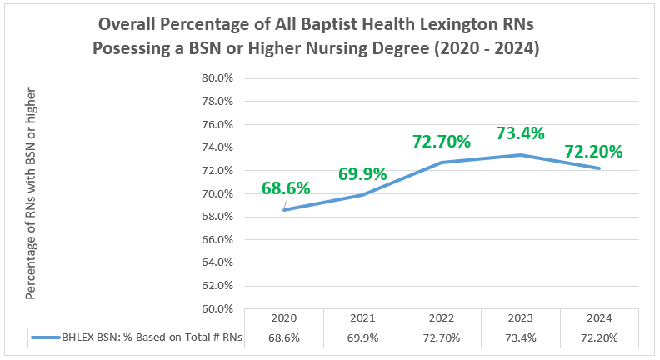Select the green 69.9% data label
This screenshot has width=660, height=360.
tap(362, 174)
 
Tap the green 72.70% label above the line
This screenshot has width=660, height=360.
tap(442, 142)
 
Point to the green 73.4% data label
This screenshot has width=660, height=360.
tap(520, 133)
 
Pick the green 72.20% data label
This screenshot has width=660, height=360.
tap(593, 152)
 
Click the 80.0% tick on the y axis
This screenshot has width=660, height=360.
tap(219, 78)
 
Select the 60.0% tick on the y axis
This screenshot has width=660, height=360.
tap(219, 308)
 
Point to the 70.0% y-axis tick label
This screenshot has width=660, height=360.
tap(219, 193)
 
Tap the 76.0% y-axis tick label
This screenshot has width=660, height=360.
tap(219, 124)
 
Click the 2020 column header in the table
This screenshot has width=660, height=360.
tap(284, 318)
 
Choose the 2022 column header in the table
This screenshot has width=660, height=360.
tap(442, 318)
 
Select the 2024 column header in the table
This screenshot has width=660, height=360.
tap(599, 318)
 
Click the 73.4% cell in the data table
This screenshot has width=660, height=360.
tap(520, 337)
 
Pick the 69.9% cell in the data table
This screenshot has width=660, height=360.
tap(362, 337)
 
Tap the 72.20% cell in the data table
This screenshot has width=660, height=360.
tap(599, 337)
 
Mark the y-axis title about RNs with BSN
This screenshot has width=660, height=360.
tap(31, 201)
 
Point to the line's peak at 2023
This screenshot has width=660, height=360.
tap(520, 154)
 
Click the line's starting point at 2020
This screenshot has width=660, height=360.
tap(284, 209)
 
